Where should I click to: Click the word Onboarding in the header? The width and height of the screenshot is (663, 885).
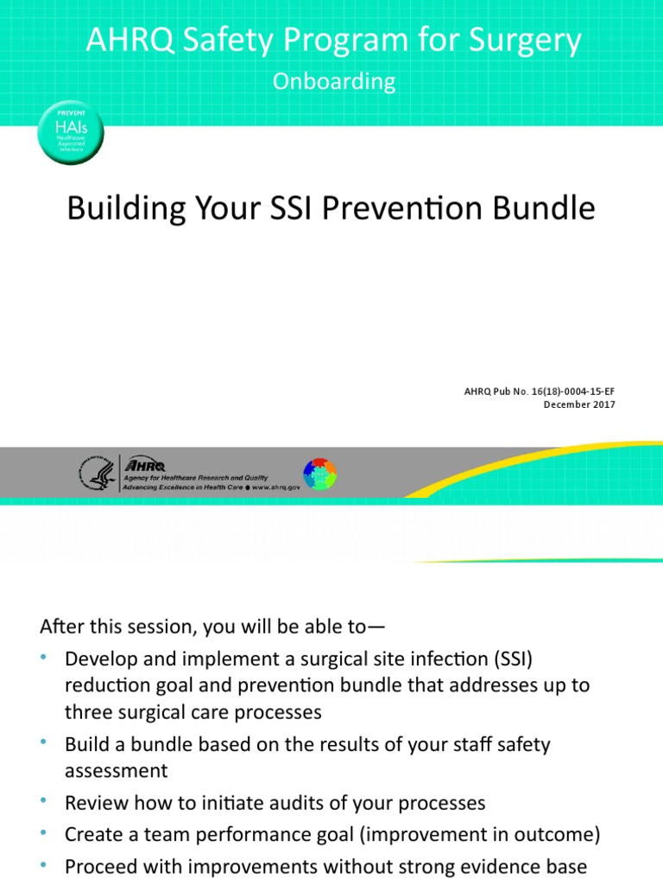point(333,81)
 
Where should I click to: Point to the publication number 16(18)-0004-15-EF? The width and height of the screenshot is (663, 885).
point(565,392)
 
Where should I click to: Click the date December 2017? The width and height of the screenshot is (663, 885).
point(579,404)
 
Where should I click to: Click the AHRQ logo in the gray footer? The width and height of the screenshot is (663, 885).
point(147,464)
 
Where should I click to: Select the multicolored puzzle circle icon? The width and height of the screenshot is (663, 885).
point(319,474)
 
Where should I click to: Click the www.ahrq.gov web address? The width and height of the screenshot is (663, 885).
point(276,487)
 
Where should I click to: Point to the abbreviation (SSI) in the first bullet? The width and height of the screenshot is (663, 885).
point(515,659)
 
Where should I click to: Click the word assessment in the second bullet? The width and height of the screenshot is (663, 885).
point(117,770)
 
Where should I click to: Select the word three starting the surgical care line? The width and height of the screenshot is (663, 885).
point(89,712)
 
